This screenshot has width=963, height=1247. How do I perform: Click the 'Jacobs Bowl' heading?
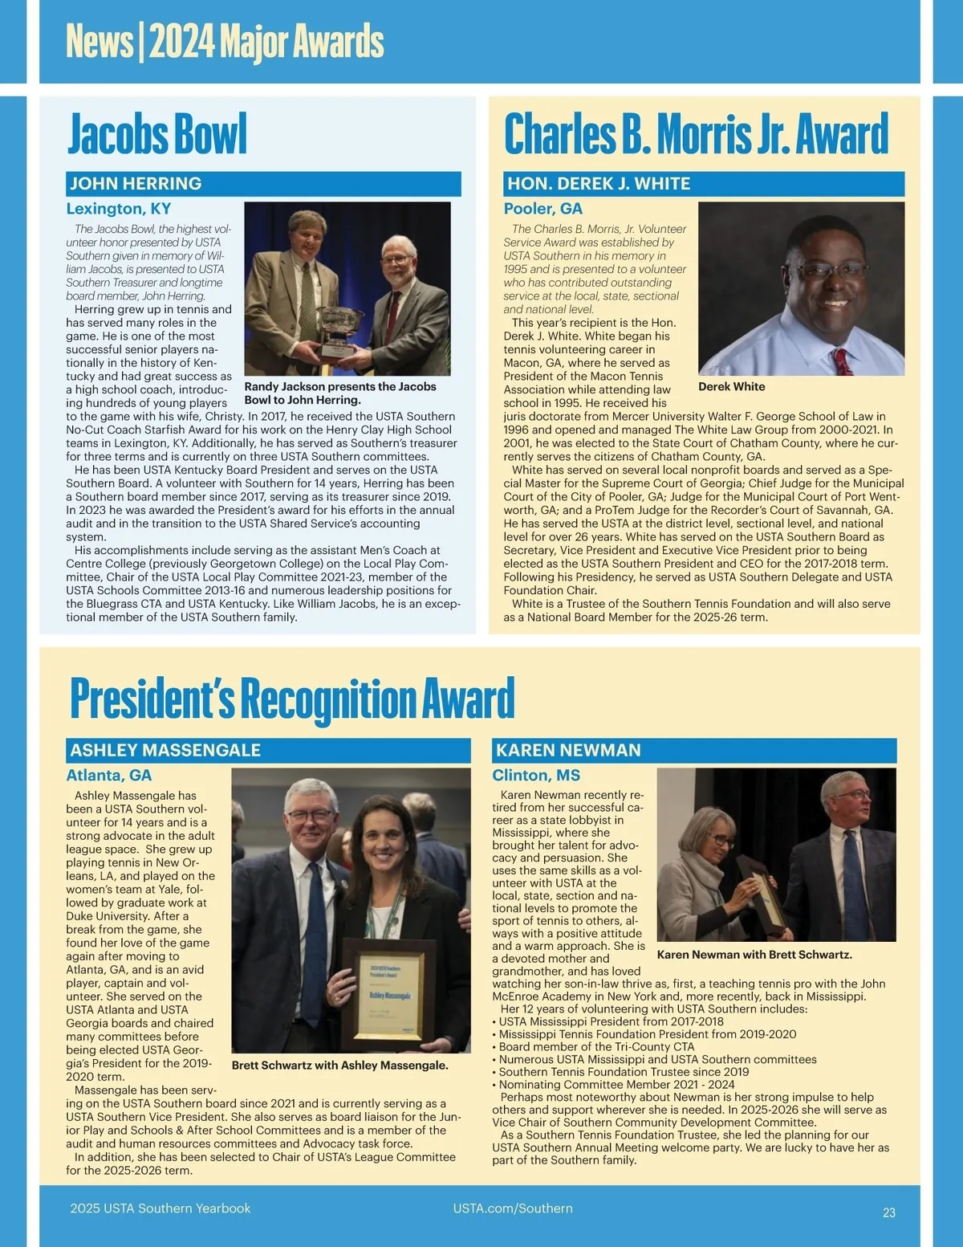pos(157,135)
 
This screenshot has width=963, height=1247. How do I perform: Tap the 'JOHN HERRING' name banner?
pos(263,184)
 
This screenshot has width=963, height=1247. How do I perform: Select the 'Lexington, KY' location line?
pos(119,209)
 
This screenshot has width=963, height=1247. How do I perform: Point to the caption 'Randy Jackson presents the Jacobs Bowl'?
pos(340,393)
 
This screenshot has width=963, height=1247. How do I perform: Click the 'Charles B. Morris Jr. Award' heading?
pos(696,135)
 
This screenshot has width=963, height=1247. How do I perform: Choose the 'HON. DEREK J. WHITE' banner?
pos(703,184)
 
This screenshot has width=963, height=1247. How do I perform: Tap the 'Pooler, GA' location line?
pos(543,209)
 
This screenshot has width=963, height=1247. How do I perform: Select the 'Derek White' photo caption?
pos(731,386)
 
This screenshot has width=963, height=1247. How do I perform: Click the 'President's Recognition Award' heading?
pos(292,699)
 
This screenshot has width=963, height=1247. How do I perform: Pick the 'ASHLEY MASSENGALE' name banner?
pos(268,750)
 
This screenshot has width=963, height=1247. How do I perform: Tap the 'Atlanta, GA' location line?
pos(109,775)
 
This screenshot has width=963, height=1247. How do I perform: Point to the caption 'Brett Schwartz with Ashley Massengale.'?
pos(339,1066)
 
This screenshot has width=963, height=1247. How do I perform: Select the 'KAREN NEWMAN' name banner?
pos(694,750)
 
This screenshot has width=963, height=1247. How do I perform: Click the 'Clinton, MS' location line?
pos(536,775)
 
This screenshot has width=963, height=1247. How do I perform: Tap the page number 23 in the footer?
pos(888,1212)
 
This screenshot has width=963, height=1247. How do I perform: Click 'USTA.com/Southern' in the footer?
pos(513,1208)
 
